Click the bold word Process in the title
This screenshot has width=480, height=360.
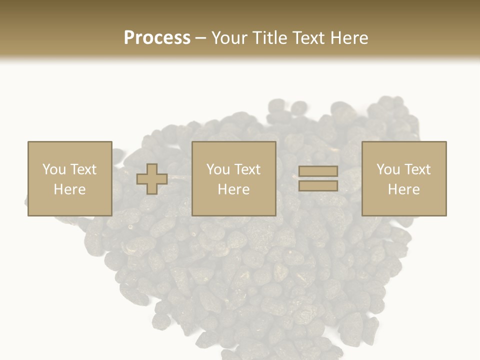click(157, 38)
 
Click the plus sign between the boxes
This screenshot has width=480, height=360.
click(152, 179)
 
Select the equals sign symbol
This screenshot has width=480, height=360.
click(318, 178)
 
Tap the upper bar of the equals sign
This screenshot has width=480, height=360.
click(318, 171)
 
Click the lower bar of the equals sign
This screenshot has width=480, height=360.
click(318, 185)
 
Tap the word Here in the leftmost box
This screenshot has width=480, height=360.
click(69, 189)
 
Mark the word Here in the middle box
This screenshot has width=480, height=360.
click(233, 189)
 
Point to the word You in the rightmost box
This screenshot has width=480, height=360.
click(388, 169)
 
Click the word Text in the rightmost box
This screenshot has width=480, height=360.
click(417, 169)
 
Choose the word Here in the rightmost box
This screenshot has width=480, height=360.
click(404, 189)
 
